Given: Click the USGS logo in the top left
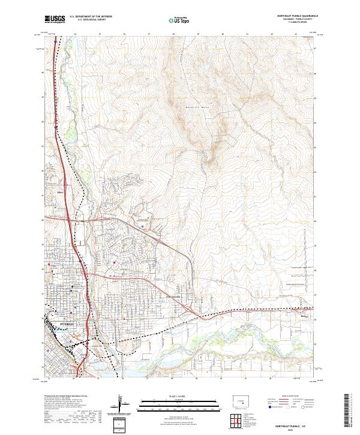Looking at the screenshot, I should coord(55,20).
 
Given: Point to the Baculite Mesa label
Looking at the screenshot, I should coord(191,106).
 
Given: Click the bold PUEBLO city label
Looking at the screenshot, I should coord(67,323).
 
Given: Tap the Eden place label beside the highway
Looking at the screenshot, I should coord(60,193).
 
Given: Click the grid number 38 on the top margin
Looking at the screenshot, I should coord(173,35).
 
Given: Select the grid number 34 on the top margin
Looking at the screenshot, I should coord(74,35).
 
